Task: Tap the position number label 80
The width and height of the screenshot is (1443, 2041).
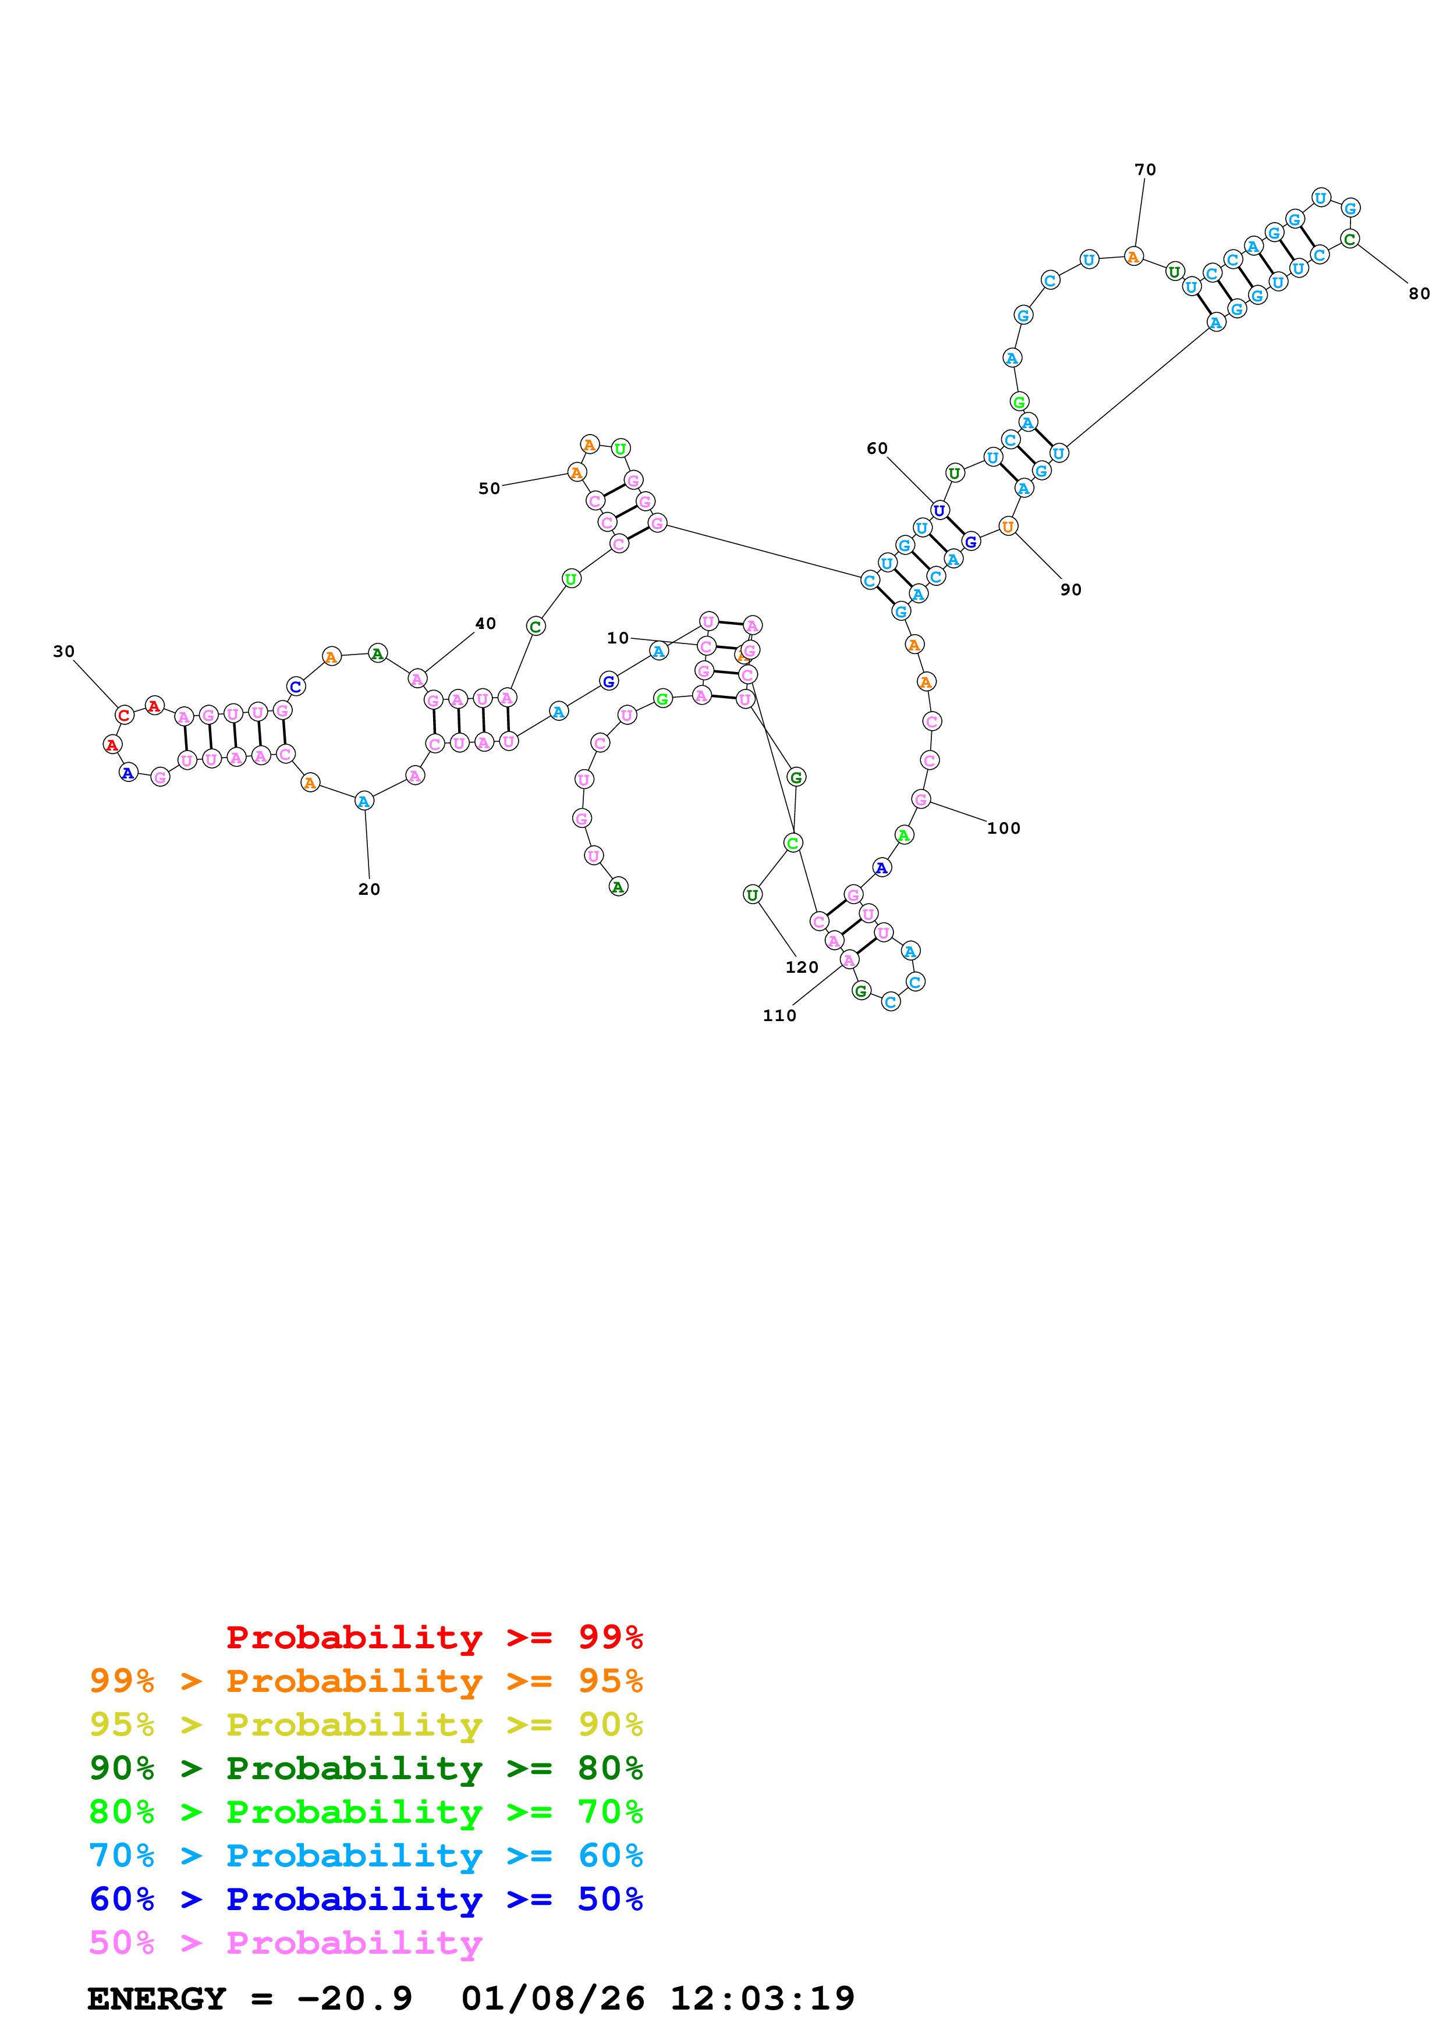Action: click(1419, 293)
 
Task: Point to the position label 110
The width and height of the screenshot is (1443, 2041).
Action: click(779, 1016)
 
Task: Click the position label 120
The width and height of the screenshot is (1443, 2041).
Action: click(801, 967)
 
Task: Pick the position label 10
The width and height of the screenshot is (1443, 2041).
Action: click(617, 637)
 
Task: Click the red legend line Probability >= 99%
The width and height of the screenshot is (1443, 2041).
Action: click(434, 1637)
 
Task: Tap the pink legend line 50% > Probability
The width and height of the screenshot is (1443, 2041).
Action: click(285, 1942)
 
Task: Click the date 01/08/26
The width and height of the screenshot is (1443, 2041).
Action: click(552, 1999)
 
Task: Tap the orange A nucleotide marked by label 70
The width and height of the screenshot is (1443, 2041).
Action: click(1133, 257)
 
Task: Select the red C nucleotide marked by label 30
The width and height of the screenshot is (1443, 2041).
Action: click(125, 714)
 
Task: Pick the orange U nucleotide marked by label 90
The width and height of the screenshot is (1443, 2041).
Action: click(1008, 527)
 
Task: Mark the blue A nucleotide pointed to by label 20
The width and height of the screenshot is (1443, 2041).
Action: click(364, 801)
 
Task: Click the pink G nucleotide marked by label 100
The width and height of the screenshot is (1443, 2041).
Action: click(921, 799)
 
